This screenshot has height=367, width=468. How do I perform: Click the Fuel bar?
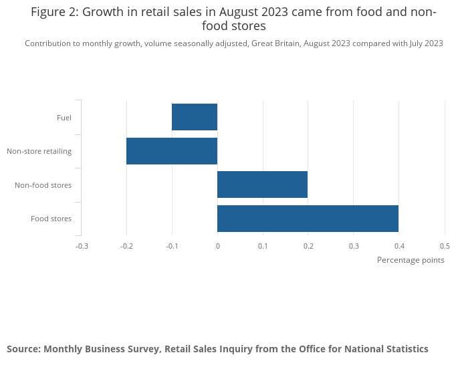(x=195, y=117)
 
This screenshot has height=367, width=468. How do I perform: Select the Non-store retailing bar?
(x=172, y=151)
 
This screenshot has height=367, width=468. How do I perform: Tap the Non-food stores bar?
(x=262, y=185)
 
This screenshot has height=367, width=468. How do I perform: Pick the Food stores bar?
(x=308, y=219)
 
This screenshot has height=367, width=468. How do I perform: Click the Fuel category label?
(x=64, y=118)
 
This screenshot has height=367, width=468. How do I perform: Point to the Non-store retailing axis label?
(x=39, y=151)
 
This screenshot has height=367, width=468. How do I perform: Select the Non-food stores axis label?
(x=43, y=185)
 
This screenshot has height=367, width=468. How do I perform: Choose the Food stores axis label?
(x=51, y=219)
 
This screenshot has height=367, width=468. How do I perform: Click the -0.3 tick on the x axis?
(x=82, y=246)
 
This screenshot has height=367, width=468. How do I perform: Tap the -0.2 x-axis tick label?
(x=126, y=246)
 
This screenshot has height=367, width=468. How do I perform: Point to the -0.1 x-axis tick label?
(x=172, y=246)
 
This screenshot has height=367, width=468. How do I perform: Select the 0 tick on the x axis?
(x=217, y=246)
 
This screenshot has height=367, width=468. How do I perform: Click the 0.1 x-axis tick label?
(x=263, y=246)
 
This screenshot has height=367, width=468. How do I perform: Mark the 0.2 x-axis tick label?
(x=308, y=246)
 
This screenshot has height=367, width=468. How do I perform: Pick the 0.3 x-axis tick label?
(x=354, y=246)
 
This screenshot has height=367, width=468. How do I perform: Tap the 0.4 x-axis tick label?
(x=399, y=246)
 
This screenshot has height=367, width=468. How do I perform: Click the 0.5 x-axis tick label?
(x=445, y=246)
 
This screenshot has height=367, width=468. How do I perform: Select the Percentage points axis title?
(x=411, y=260)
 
